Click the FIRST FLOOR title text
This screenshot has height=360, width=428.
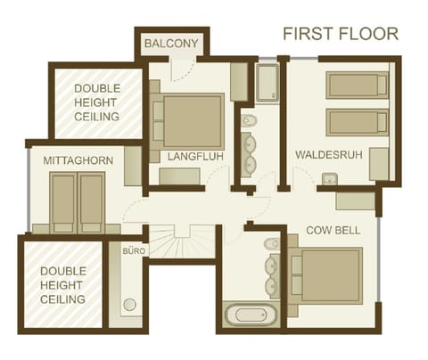point(341,34)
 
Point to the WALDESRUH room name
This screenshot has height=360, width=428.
point(328,154)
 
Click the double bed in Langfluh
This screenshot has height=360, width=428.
point(190,119)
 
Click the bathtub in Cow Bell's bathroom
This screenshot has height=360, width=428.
point(251,315)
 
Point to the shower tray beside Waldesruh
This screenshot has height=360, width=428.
point(267,83)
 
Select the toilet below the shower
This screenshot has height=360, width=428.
point(250,120)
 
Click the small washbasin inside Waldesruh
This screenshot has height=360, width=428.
point(327,177)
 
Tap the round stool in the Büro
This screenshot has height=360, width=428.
point(130,305)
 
